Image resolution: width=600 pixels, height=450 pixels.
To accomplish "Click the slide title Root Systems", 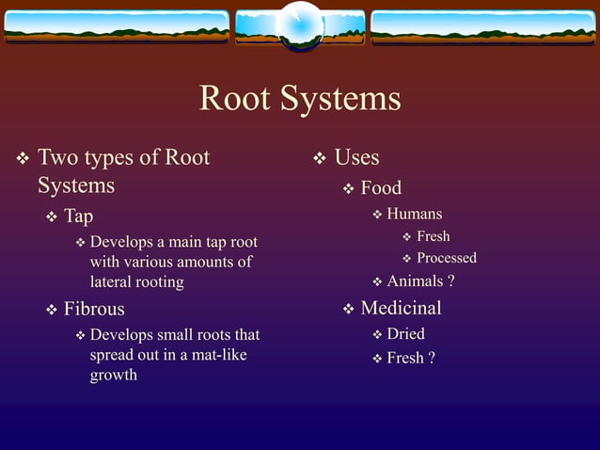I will coord(300,99).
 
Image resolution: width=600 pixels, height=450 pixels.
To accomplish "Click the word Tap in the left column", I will coord(78,217).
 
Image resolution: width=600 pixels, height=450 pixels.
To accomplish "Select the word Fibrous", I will coord(94,309).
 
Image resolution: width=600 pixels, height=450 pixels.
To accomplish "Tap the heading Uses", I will coord(357,157).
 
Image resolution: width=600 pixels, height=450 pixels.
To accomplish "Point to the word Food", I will coord(381,188).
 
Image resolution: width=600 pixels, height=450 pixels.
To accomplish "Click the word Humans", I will coord(414,214).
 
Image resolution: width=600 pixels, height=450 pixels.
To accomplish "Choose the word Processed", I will coord(446,258).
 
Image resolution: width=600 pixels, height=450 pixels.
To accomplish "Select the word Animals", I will coord(415,281).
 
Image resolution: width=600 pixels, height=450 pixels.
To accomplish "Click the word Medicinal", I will coord(401,308).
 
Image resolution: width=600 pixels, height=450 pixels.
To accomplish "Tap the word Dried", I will coord(405,334).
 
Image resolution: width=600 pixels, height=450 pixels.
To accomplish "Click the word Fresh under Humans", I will coord(433,236).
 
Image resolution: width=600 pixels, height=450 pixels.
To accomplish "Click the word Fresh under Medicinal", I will coord(405,358).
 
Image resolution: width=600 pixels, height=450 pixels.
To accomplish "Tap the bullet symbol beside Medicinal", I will coord(348,309).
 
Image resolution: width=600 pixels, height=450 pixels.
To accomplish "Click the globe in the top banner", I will coord(301,25).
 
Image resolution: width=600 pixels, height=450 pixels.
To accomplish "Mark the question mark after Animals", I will coord(451,281).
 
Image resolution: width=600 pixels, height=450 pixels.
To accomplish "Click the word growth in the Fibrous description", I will coord(113,375).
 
